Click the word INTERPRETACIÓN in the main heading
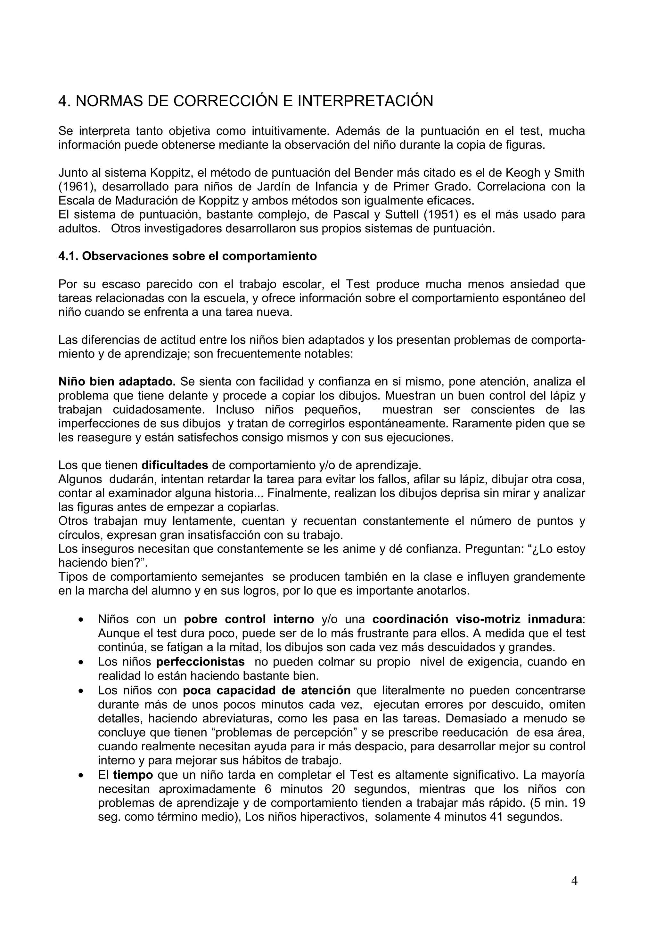click(365, 101)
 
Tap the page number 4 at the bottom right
click(574, 881)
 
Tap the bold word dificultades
click(175, 465)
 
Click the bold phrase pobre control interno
click(249, 619)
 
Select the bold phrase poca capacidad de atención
click(266, 690)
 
